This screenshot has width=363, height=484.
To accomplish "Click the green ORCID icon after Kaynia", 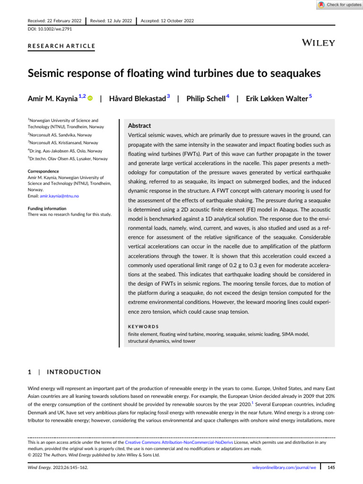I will coord(89,98).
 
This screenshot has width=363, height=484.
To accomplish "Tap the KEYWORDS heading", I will coord(144,326).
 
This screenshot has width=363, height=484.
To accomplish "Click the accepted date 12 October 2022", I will coord(173,21).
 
